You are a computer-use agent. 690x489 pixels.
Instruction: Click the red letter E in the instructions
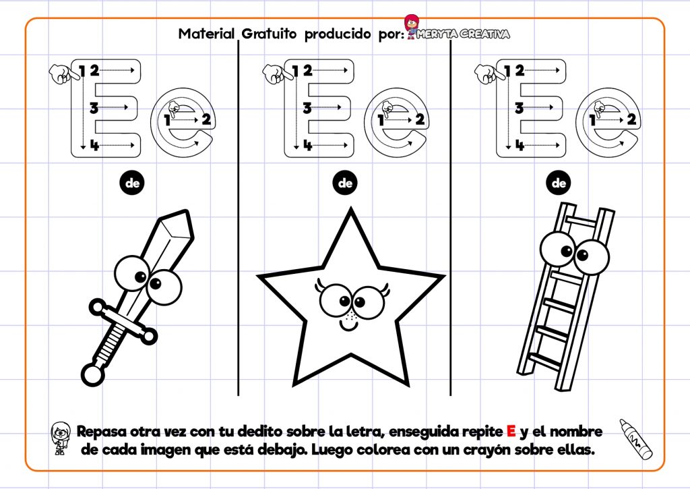click(x=511, y=431)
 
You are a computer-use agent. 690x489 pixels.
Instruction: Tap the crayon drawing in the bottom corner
click(x=636, y=439)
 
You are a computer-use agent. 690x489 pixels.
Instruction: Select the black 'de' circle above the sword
click(x=132, y=183)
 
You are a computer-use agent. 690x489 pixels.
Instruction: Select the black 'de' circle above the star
click(x=346, y=183)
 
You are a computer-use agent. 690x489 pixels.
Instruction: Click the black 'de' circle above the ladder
click(x=559, y=183)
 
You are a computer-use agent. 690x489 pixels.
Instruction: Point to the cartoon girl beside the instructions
click(x=61, y=438)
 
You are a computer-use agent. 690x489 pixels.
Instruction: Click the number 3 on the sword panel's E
click(x=94, y=107)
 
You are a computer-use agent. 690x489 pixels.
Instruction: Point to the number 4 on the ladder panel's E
click(x=518, y=144)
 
